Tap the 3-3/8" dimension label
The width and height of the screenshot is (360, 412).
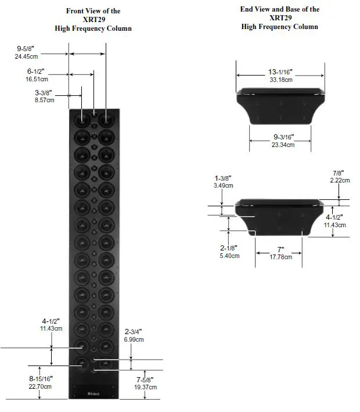pyautogui.click(x=45, y=92)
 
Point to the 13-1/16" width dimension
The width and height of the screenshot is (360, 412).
pyautogui.click(x=280, y=72)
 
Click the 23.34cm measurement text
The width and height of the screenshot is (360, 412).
pyautogui.click(x=284, y=145)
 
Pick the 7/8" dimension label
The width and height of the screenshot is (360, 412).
pyautogui.click(x=338, y=173)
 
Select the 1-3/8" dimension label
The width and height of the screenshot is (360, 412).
pyautogui.click(x=224, y=178)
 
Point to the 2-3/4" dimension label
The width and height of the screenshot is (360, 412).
pyautogui.click(x=134, y=332)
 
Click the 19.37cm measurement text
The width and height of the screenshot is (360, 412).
pyautogui.click(x=141, y=386)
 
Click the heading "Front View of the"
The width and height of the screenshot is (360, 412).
pyautogui.click(x=101, y=11)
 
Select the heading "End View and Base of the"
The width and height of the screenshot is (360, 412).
pyautogui.click(x=279, y=10)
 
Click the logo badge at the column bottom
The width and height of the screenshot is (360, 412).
pyautogui.click(x=93, y=393)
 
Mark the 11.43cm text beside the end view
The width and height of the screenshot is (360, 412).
pyautogui.click(x=334, y=224)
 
